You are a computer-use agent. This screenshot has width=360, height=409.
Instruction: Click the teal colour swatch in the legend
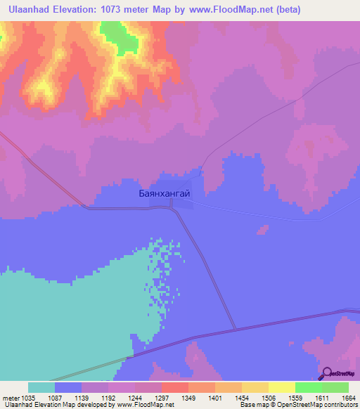coord(41,387)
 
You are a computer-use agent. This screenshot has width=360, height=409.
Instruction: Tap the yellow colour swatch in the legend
coord(281,387)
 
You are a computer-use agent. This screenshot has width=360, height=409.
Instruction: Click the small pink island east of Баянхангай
coord(263,229)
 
